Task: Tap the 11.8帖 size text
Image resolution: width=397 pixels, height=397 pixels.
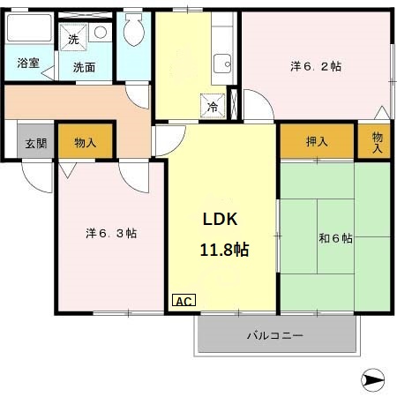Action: pos(223,250)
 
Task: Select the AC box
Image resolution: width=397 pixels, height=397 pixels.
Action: pos(184,301)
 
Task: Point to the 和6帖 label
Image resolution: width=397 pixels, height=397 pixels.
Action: pos(335,238)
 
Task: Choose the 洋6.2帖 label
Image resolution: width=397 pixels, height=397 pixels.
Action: pos(316,67)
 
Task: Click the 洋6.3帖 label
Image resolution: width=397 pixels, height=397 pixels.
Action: pos(110,233)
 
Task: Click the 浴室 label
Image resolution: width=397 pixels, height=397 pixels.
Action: pos(28,63)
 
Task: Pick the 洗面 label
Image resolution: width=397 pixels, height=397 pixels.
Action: pos(85,67)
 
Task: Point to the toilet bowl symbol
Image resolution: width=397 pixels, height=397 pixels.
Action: pos(134,33)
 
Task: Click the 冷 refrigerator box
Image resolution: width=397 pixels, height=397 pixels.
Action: pos(213,106)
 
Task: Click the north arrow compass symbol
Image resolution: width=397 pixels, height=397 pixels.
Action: pos(374,380)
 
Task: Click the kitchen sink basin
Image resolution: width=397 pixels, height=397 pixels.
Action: pos(221,64)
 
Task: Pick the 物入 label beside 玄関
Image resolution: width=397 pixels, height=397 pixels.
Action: pos(85,142)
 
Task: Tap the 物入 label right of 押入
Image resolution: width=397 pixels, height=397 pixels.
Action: pos(377,142)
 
